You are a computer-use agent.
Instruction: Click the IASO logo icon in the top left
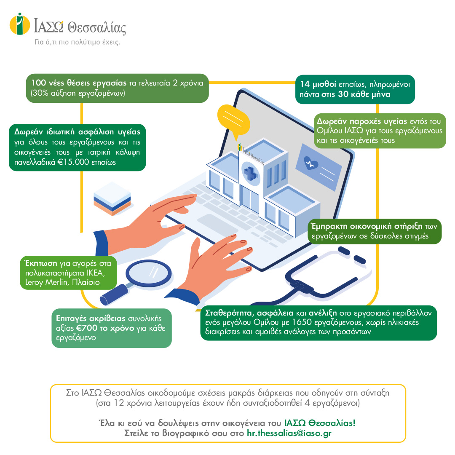20,24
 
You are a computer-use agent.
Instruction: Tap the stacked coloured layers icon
112,198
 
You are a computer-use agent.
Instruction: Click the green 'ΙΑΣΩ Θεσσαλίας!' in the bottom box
320,423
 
